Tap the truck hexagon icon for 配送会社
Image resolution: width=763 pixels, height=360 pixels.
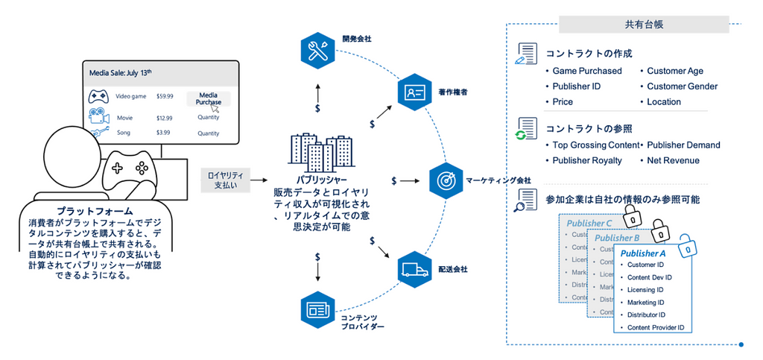pyautogui.click(x=412, y=268)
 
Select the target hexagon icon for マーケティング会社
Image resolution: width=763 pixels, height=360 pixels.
pyautogui.click(x=446, y=180)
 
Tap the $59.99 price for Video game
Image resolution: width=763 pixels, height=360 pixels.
pyautogui.click(x=165, y=96)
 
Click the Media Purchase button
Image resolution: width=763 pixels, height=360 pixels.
pyautogui.click(x=209, y=98)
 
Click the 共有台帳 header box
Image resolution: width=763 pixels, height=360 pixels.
pyautogui.click(x=644, y=24)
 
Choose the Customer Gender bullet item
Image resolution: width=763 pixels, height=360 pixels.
pyautogui.click(x=682, y=86)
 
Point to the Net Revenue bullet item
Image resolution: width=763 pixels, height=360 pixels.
pyautogui.click(x=673, y=160)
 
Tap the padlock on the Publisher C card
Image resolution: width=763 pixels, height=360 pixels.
pyautogui.click(x=631, y=217)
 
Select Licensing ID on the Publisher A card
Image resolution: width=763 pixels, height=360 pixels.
pyautogui.click(x=645, y=290)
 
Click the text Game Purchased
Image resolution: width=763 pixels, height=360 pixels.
pyautogui.click(x=586, y=71)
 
